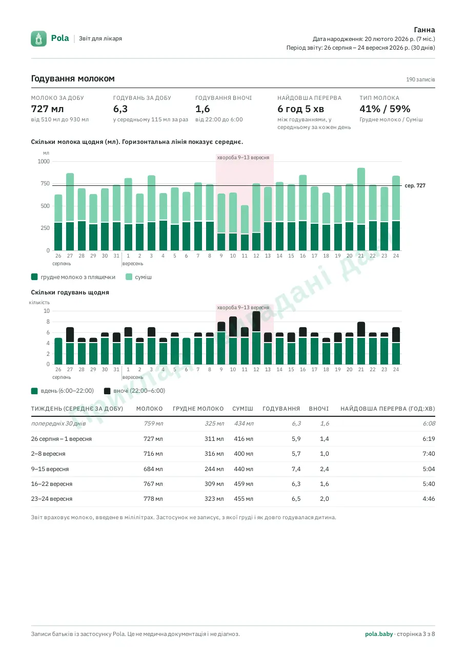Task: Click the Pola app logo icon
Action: pyautogui.click(x=38, y=38)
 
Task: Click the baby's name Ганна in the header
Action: pyautogui.click(x=424, y=30)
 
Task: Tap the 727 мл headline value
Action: pyautogui.click(x=48, y=109)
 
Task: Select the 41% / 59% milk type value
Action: pyautogui.click(x=384, y=109)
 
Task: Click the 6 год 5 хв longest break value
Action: pyautogui.click(x=300, y=109)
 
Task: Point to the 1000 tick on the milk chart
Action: pyautogui.click(x=44, y=161)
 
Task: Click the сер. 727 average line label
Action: pyautogui.click(x=415, y=186)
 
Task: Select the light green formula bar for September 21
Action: pyautogui.click(x=361, y=196)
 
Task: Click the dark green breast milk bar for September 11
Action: pyautogui.click(x=245, y=242)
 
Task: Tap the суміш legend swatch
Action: pyautogui.click(x=129, y=277)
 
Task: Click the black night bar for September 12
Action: pyautogui.click(x=256, y=321)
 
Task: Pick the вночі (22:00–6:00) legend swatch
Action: pyautogui.click(x=107, y=391)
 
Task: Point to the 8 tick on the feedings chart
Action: pyautogui.click(x=48, y=322)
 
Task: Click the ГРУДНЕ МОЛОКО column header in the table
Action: pyautogui.click(x=198, y=409)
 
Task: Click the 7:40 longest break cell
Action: pyautogui.click(x=429, y=454)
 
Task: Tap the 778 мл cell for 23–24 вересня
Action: pyautogui.click(x=153, y=499)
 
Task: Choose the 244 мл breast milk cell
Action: pyautogui.click(x=214, y=469)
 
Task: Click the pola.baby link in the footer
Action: pyautogui.click(x=379, y=634)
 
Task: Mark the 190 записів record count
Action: pyautogui.click(x=420, y=79)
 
